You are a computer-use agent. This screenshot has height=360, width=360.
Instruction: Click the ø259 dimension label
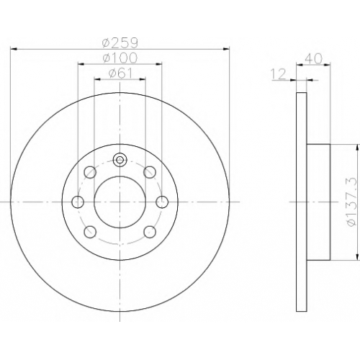click(x=120, y=43)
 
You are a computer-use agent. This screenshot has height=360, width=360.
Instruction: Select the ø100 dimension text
click(x=120, y=58)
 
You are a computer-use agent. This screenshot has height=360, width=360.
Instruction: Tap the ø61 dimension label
click(x=120, y=73)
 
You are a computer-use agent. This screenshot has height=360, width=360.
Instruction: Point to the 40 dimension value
click(x=313, y=58)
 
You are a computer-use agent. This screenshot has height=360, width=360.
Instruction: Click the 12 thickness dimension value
click(x=279, y=73)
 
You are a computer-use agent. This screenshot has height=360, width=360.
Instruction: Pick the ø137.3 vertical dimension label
click(x=353, y=202)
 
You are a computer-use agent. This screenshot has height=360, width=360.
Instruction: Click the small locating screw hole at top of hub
click(x=120, y=160)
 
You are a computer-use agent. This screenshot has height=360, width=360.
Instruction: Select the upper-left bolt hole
click(x=90, y=172)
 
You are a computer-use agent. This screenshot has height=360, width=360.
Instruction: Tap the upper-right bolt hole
click(x=150, y=172)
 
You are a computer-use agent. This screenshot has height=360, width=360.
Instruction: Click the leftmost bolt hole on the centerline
click(x=78, y=202)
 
